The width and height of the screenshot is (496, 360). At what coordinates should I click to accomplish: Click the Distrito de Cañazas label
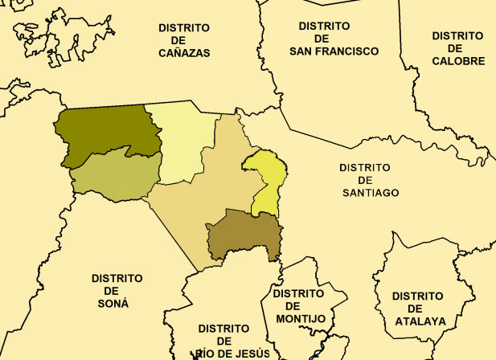184,40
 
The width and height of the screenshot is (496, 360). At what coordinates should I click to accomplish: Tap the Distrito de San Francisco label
333,38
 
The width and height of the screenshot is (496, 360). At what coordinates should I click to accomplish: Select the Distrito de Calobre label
457,48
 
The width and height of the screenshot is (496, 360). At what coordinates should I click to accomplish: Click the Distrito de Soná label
117,290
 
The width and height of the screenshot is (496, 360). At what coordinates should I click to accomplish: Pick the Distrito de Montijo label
298,306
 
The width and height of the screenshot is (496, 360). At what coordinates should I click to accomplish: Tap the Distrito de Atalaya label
417,309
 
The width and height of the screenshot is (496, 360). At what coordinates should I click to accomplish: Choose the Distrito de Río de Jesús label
223,341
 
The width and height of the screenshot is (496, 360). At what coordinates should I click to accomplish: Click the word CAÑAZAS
184,53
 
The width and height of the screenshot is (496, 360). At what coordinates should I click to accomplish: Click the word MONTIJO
298,319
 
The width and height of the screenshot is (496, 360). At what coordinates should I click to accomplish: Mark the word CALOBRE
457,61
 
